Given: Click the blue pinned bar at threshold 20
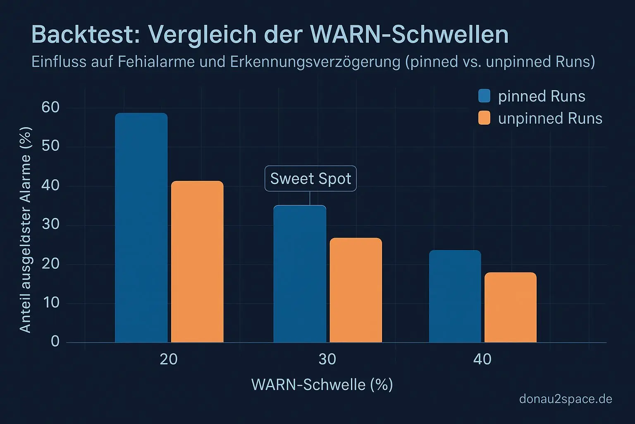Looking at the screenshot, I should (x=141, y=228).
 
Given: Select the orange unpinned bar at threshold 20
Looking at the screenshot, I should (x=197, y=262).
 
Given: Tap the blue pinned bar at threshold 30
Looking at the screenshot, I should (x=300, y=274).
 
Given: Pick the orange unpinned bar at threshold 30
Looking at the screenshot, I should (x=356, y=290).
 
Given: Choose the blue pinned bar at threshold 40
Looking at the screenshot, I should (x=455, y=296).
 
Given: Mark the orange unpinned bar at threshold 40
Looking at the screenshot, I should (x=510, y=307).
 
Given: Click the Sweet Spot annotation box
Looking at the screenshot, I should (x=310, y=178).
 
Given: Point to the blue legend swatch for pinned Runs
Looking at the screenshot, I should (x=484, y=96).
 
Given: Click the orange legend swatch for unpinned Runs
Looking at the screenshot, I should (x=484, y=118).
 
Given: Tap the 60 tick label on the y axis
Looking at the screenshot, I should (x=50, y=108).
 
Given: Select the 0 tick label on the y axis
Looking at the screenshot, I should (x=55, y=342).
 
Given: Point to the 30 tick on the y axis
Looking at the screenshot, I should (x=50, y=225).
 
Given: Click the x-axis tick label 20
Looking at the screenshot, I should (x=169, y=359).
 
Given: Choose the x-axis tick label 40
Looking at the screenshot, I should (x=482, y=359).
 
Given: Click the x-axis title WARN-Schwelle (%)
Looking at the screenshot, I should (x=322, y=385).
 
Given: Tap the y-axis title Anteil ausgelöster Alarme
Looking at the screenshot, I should (x=26, y=230).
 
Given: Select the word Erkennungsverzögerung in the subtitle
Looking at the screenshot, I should (x=315, y=62).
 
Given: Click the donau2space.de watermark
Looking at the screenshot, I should (x=566, y=399).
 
